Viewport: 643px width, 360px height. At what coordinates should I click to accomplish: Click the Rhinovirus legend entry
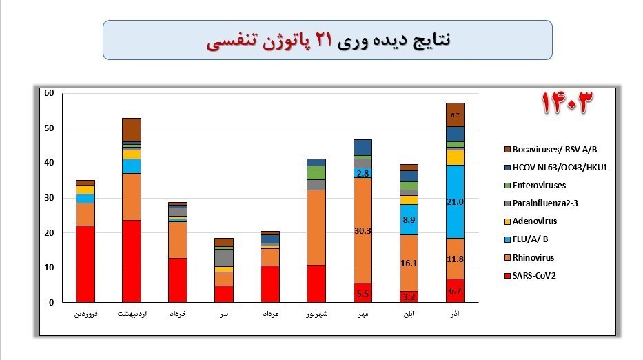[531, 257]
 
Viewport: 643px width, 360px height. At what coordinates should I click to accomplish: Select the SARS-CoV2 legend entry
[531, 275]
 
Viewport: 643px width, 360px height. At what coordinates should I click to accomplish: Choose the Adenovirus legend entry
[531, 221]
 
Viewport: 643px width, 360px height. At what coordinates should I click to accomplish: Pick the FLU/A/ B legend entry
[527, 239]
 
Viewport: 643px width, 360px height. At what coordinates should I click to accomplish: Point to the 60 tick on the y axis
[48, 93]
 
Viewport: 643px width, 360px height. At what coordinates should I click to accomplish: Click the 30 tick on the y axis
[48, 198]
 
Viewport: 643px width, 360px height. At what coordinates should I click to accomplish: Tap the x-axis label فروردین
[85, 315]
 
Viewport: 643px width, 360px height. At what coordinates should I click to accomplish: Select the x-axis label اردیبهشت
[131, 315]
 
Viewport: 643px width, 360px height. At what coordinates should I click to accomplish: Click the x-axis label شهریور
[316, 315]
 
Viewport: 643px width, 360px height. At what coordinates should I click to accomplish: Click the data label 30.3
[363, 231]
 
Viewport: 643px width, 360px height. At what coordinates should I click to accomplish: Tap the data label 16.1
[409, 263]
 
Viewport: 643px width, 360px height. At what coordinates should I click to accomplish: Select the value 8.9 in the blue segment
[409, 219]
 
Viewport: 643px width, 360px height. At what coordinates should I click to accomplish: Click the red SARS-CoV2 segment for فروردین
[85, 264]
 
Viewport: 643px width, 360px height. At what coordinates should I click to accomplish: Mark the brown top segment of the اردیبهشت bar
[131, 129]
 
